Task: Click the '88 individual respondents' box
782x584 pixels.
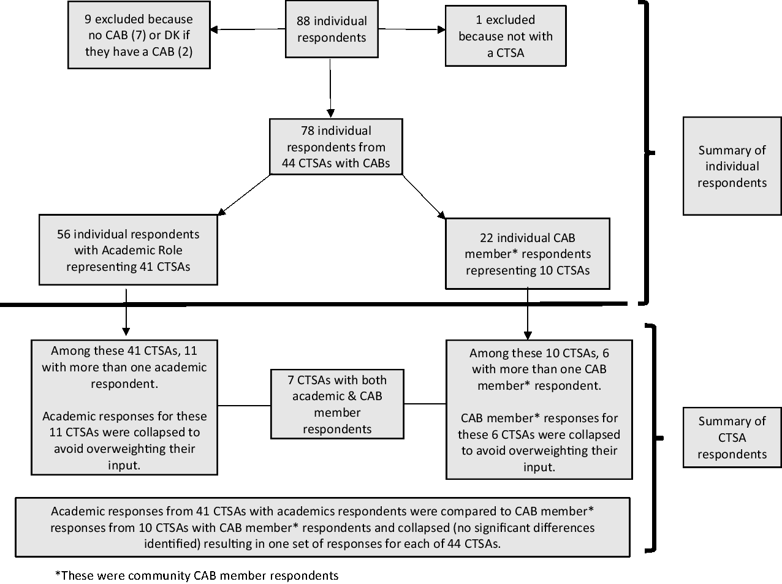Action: [x=332, y=29]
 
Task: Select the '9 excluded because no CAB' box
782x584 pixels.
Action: [x=139, y=35]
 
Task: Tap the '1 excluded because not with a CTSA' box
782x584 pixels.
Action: [x=505, y=36]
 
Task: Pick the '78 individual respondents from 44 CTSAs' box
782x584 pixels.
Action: [x=336, y=147]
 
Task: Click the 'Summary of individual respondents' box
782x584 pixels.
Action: [x=732, y=166]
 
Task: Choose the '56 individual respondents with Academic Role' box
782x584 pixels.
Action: [x=128, y=250]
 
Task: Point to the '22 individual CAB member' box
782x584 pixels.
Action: [x=527, y=254]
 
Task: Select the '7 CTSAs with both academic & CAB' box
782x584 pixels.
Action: [x=337, y=404]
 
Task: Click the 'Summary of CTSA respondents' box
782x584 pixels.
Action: [x=732, y=438]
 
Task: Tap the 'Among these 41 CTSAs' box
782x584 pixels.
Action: [x=124, y=408]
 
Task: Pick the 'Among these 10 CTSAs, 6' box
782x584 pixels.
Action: [x=539, y=409]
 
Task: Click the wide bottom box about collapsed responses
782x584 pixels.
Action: [x=322, y=527]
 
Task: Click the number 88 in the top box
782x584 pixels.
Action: [x=303, y=21]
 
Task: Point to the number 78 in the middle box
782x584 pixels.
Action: [x=308, y=131]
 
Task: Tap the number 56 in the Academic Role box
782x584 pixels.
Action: [x=64, y=234]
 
